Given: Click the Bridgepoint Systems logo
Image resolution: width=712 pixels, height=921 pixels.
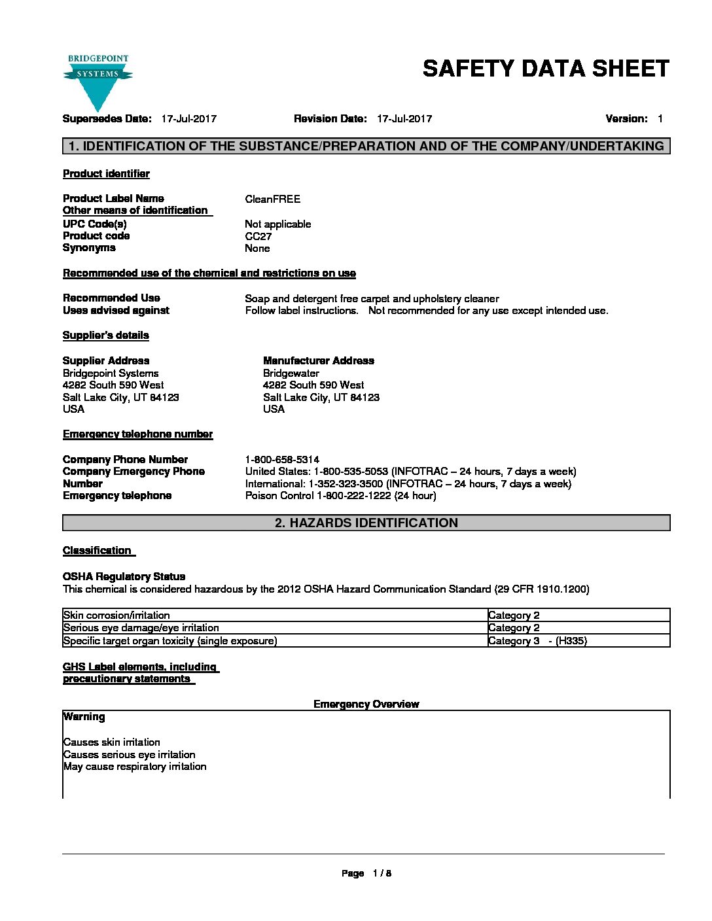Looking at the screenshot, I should click(98, 82).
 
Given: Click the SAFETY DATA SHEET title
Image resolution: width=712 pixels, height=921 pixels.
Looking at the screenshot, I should click(546, 69).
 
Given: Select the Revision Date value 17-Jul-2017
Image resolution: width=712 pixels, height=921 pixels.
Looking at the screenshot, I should click(404, 119).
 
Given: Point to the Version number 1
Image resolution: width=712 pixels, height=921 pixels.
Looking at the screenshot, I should click(660, 119).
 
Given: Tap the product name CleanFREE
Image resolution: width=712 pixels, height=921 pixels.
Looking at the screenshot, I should click(272, 199).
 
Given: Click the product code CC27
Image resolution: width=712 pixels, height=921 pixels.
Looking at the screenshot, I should click(258, 236).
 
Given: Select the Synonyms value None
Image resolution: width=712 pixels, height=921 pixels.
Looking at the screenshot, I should click(257, 249).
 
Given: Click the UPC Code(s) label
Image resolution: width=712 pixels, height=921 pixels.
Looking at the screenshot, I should click(95, 224).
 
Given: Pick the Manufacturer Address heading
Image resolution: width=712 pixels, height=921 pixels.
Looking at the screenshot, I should click(318, 360).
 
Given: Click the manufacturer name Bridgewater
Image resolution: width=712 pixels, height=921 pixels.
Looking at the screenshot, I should click(291, 373).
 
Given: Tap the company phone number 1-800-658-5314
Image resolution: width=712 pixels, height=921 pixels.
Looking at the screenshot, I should click(282, 460).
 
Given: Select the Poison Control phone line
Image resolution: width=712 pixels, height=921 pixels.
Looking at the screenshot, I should click(340, 496).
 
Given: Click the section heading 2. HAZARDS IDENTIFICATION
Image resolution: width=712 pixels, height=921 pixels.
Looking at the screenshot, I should click(366, 523).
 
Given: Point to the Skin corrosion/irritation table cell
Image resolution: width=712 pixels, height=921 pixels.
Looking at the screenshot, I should click(116, 615).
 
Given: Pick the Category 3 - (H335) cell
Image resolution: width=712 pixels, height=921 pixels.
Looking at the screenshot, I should click(537, 641).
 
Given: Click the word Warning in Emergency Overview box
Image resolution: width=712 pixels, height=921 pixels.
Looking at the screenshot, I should click(84, 717).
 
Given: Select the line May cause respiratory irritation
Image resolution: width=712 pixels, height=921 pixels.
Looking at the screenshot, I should click(135, 767).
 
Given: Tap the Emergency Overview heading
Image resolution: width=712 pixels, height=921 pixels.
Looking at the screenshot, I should click(366, 704).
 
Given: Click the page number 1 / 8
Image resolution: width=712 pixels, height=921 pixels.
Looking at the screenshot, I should click(382, 873).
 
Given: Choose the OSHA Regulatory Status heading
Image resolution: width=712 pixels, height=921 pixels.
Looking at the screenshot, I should click(124, 576).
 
